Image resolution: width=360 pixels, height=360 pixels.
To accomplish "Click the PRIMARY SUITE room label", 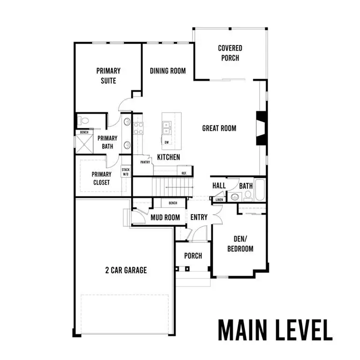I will click(108, 75).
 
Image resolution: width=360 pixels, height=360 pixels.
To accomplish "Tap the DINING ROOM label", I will click(168, 71).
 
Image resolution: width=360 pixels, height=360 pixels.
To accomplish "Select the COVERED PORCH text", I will click(230, 53).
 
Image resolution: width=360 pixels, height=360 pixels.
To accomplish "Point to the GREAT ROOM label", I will click(219, 128).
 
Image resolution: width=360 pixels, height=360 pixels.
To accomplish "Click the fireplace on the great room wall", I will click(261, 128).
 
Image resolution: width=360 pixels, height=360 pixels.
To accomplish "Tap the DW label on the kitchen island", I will click(166, 142).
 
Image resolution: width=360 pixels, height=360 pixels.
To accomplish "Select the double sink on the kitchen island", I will click(166, 127).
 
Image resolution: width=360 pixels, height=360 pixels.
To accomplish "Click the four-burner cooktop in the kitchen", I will click(138, 128).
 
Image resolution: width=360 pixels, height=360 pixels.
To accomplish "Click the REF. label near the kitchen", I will click(185, 173).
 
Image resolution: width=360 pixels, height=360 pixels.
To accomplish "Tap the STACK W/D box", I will click(126, 172).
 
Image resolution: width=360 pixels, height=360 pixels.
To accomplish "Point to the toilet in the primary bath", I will click(84, 121).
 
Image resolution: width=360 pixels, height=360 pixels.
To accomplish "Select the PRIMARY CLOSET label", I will click(101, 178).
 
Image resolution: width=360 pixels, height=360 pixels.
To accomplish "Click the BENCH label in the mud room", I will click(172, 202).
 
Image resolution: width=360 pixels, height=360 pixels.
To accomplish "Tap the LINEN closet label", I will click(219, 200).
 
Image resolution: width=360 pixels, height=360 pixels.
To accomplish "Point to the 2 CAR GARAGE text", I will click(126, 270).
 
